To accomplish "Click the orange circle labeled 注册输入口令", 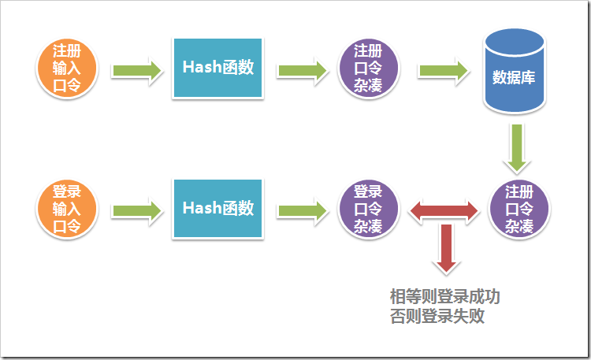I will tap(66, 67).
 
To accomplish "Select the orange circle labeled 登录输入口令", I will tap(66, 209).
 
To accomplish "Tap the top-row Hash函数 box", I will tap(217, 68).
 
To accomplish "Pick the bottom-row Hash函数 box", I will tap(217, 209).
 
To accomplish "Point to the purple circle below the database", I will tap(519, 209).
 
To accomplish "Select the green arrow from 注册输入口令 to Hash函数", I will tap(137, 70).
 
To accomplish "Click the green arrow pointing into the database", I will tap(444, 70).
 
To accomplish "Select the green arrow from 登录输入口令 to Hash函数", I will tap(137, 211).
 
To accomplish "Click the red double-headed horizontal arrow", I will tap(444, 210).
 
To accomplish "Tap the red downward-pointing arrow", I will tap(446, 247).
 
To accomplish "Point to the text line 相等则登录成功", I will tap(445, 298).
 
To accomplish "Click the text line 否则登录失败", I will tap(437, 317).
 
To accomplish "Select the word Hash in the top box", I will tap(200, 68).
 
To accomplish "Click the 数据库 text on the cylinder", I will tap(514, 78).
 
